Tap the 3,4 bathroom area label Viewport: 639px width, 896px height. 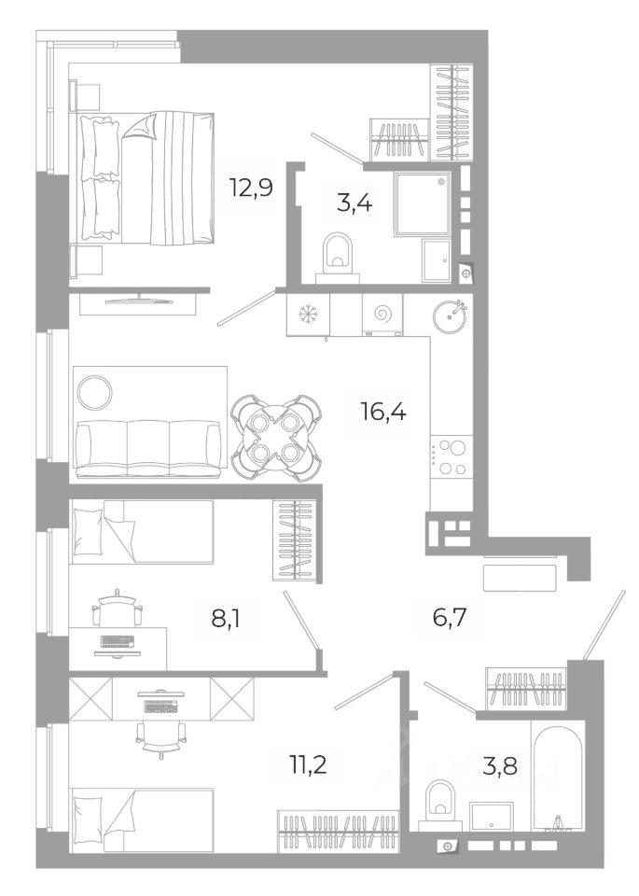[x=354, y=203]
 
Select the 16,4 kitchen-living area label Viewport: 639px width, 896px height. [x=383, y=411]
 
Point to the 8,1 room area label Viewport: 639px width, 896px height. [x=225, y=618]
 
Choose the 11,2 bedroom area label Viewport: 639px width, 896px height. [x=309, y=763]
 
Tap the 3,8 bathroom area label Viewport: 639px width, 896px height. [x=500, y=765]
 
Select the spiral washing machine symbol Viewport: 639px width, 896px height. [x=382, y=314]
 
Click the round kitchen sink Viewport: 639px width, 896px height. [x=450, y=316]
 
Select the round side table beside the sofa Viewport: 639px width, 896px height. [x=94, y=392]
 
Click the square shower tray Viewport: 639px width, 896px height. [x=422, y=204]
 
